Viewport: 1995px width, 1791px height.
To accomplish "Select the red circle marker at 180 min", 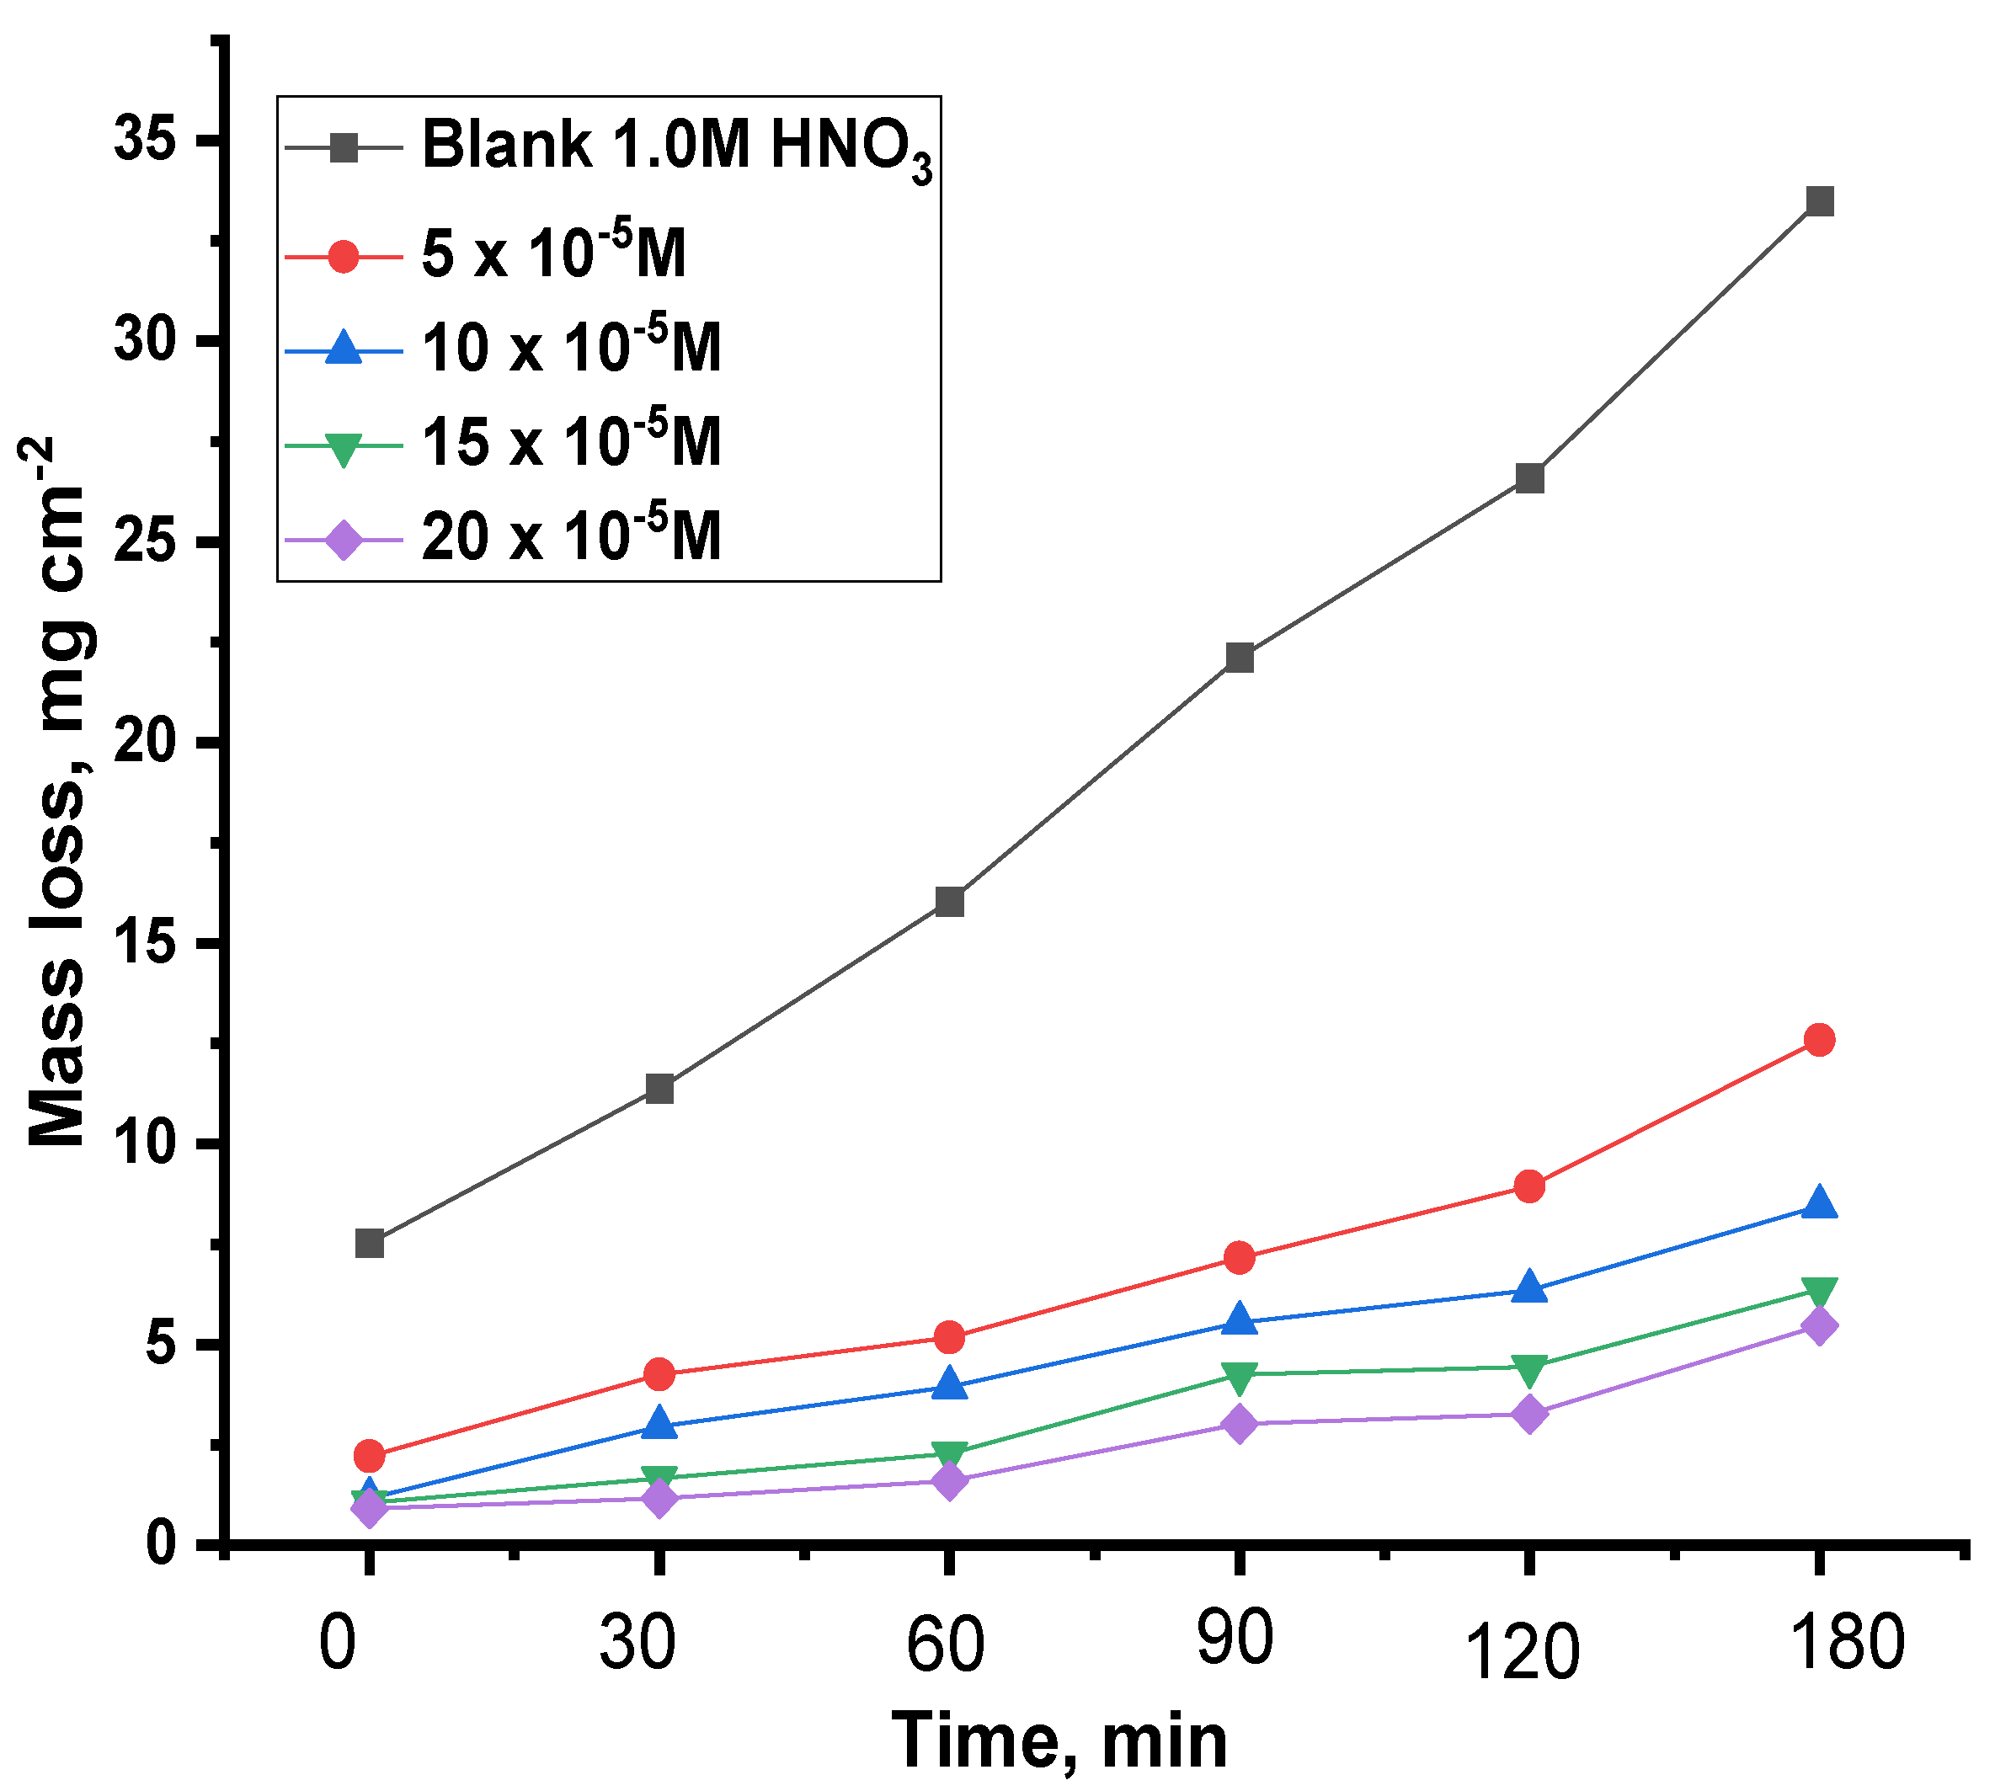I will point(1819,1039).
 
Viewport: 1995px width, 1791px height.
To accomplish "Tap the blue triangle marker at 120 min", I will point(1528,1287).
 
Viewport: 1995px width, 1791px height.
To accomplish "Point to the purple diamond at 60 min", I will point(949,1481).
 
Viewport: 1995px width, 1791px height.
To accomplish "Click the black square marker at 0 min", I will point(369,1243).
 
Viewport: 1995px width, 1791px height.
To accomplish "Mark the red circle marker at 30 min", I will point(659,1373).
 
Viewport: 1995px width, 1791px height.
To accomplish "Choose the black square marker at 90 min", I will point(1239,658).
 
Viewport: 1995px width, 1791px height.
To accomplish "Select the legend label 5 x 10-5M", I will point(553,253).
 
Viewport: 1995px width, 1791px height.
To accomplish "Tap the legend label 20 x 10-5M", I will point(571,536).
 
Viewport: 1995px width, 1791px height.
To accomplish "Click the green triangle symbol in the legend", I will point(343,448).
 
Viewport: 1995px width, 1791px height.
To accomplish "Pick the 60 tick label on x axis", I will point(945,1645).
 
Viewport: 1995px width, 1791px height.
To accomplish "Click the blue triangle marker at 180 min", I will point(1819,1203).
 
